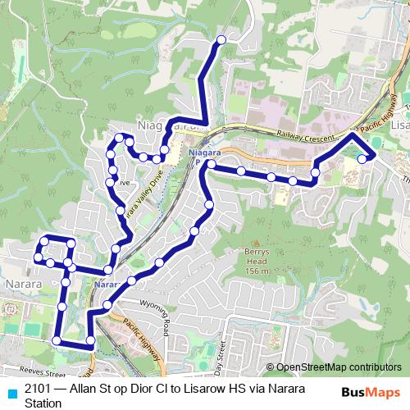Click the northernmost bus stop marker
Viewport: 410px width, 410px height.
coord(220,39)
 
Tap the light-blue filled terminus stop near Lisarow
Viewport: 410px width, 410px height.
coord(362,148)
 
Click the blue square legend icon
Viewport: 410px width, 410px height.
coord(11,392)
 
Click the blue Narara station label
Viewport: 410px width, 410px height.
coord(107,285)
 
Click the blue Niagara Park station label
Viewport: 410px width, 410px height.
coord(199,156)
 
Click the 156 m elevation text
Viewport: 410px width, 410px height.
coord(257,271)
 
